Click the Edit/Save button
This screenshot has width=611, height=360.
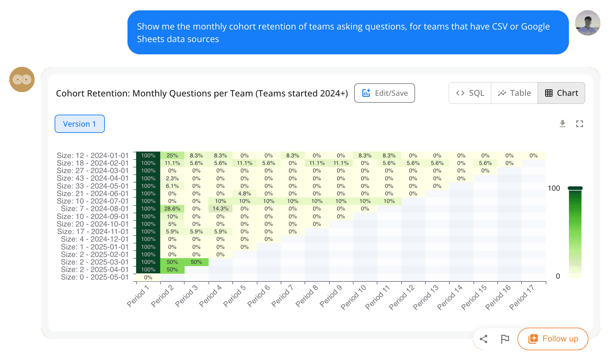384,93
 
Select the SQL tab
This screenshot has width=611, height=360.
470,93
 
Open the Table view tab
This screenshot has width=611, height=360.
514,93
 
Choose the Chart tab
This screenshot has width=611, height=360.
561,93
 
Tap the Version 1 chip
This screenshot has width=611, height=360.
80,124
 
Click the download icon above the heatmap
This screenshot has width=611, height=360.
563,124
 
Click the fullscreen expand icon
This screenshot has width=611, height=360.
580,124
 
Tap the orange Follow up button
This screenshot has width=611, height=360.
553,339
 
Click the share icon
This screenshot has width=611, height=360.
484,339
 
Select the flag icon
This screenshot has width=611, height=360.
505,339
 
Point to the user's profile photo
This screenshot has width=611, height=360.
587,23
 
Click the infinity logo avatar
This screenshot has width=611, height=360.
22,79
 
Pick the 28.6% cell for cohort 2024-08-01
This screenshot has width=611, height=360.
172,209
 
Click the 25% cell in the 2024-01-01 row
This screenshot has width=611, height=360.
172,155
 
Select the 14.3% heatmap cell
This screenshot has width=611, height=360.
220,209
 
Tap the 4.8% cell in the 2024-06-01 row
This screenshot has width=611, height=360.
244,194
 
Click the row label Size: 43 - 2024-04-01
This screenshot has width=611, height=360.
93,178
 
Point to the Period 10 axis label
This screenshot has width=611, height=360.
354,297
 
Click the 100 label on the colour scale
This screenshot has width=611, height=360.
554,188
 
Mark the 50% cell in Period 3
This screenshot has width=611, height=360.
196,262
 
